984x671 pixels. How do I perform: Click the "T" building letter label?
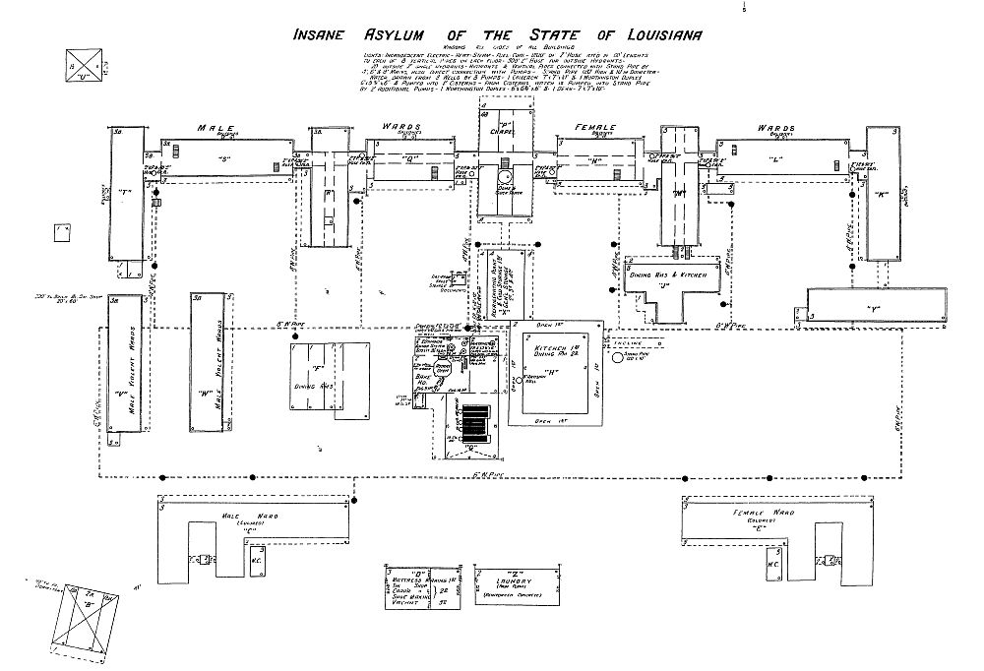(x=125, y=193)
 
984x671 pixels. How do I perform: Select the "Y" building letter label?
(x=873, y=310)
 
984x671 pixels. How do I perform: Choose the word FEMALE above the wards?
(x=591, y=128)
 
